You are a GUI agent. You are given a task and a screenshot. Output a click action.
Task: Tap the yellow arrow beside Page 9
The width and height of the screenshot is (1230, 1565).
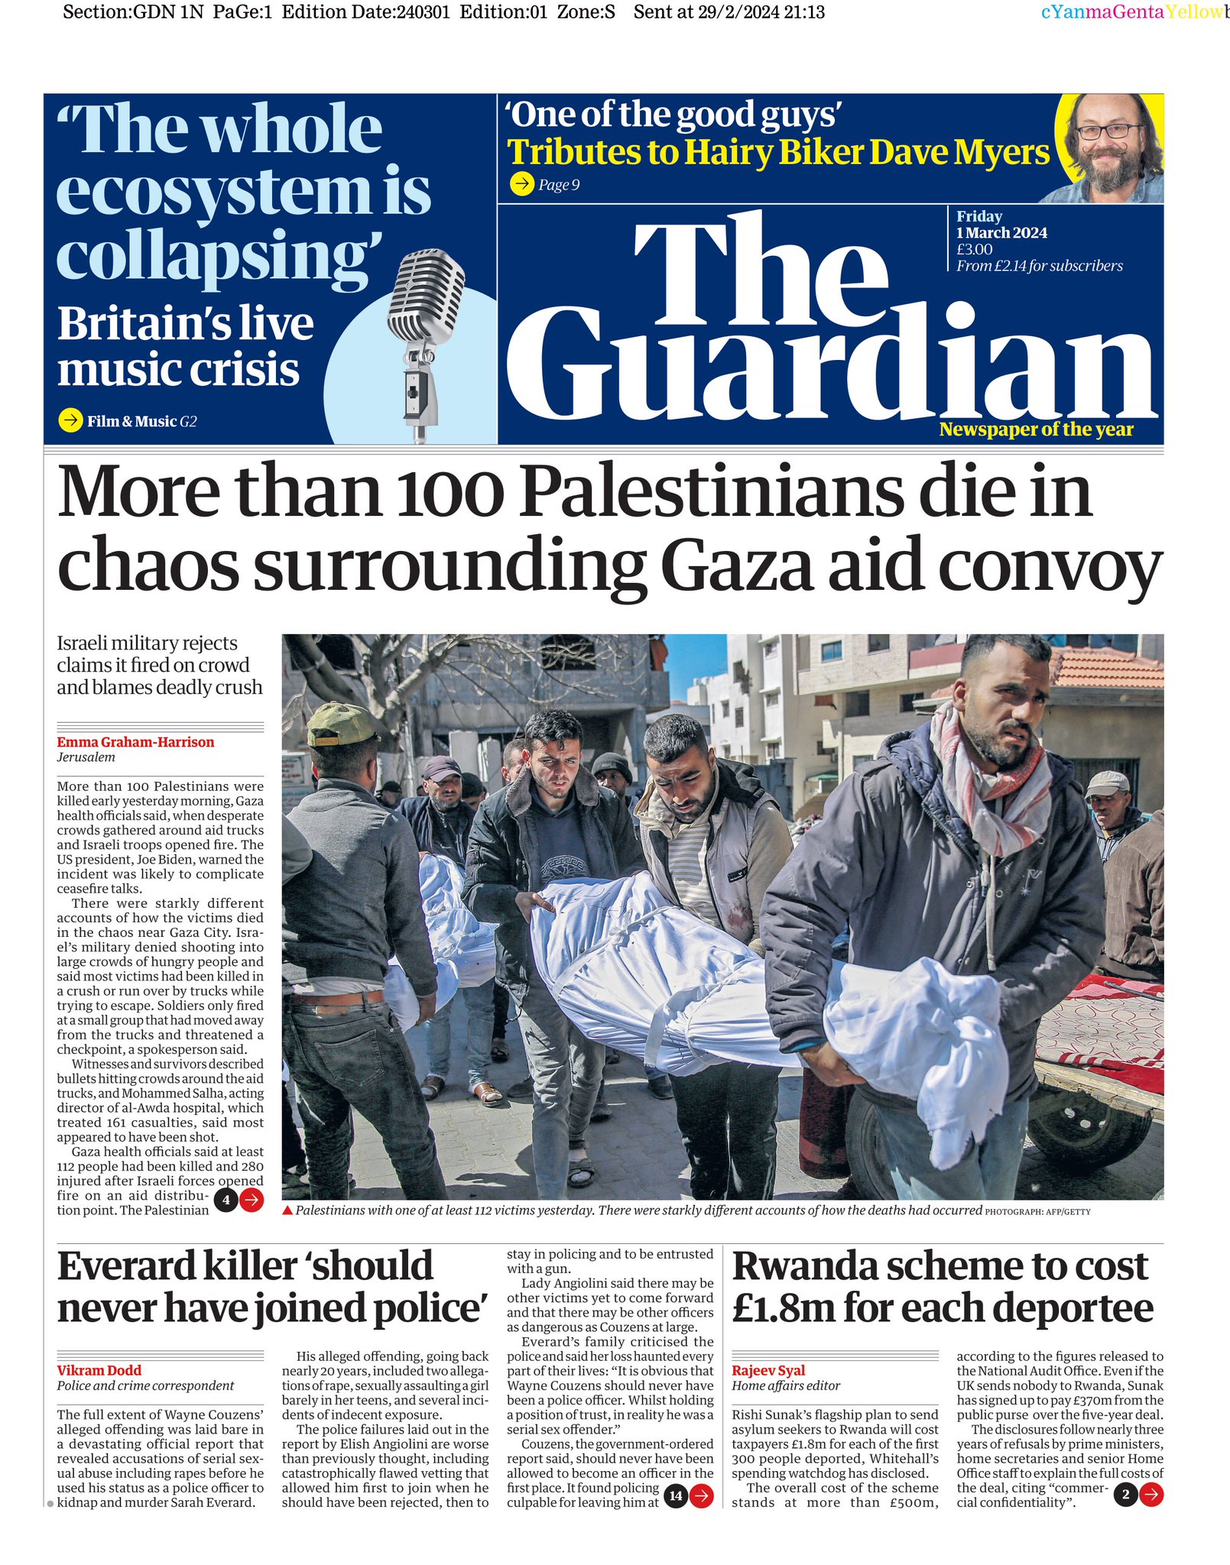522,184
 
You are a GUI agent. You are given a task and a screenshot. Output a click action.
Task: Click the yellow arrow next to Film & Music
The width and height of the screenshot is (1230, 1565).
70,420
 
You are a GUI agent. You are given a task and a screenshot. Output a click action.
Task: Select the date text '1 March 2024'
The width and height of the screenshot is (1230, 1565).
1001,233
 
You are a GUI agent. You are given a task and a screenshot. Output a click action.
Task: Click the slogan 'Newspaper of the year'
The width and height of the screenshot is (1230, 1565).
1036,429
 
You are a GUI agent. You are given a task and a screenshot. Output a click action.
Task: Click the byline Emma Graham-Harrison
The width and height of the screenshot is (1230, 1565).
135,742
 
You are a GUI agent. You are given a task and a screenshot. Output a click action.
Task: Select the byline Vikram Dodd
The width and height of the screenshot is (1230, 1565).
99,1370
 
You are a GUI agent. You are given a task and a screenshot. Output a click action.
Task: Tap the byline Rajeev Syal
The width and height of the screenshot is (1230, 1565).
768,1370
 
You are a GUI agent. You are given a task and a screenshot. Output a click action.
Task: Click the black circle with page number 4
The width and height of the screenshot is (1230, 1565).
226,1200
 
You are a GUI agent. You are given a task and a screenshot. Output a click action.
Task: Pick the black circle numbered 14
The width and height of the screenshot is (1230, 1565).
676,1495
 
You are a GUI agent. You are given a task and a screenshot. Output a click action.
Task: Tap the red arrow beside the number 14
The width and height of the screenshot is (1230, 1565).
701,1495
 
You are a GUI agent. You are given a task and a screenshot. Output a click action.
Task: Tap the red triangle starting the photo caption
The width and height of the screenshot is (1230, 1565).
287,1210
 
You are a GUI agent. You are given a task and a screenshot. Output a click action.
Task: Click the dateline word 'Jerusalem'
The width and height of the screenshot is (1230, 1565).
86,757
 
